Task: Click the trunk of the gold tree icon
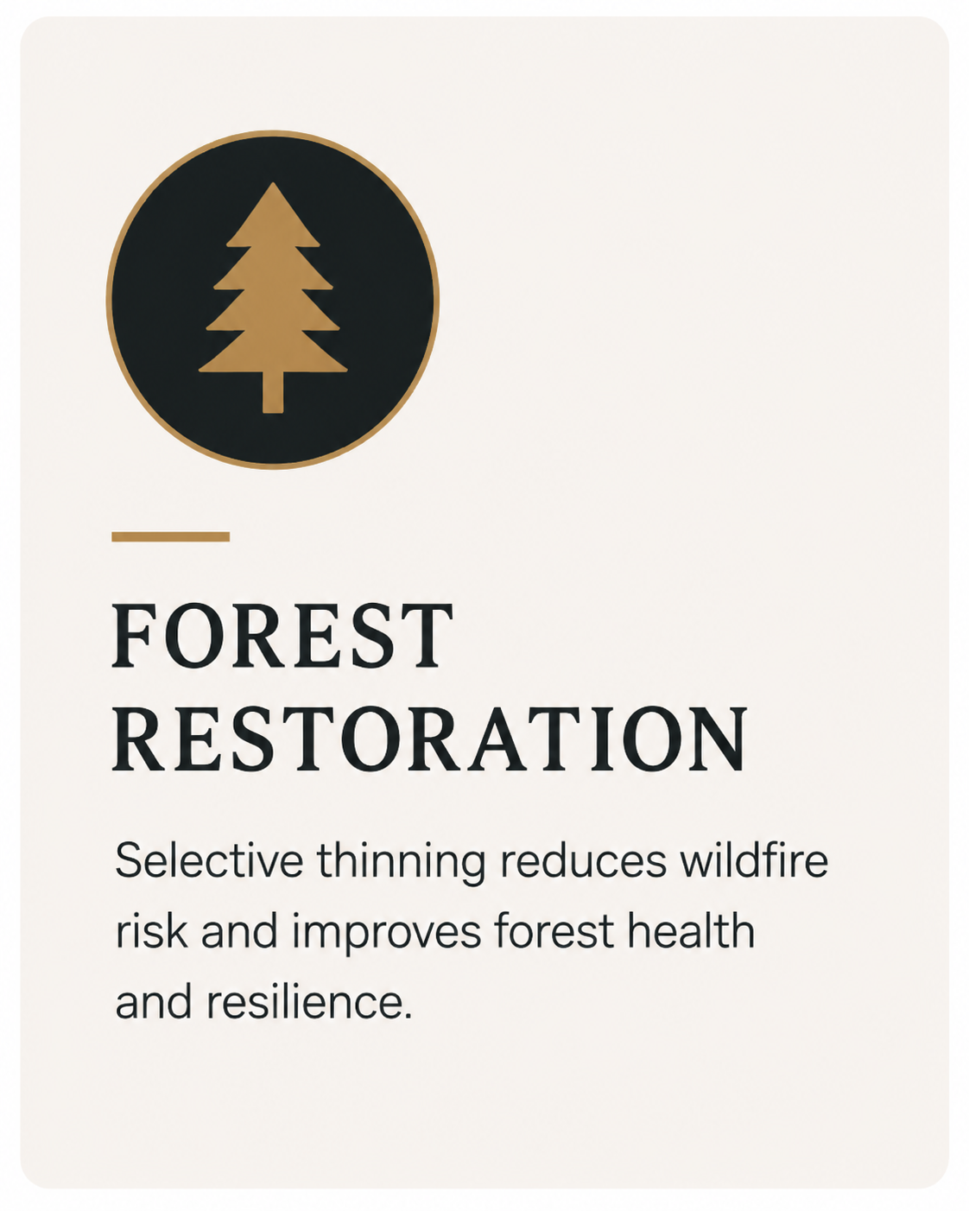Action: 273,391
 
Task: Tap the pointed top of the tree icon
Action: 273,183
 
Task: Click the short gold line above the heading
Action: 170,536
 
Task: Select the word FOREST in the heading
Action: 282,636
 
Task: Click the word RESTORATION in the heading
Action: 430,739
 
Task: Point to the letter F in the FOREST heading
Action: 134,636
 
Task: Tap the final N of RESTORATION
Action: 719,739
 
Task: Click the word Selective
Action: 209,860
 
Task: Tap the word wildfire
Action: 754,860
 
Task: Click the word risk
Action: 151,931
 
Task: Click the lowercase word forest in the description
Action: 554,931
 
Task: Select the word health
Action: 691,931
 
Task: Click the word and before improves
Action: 239,931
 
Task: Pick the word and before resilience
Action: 154,1002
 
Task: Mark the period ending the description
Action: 408,1016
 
